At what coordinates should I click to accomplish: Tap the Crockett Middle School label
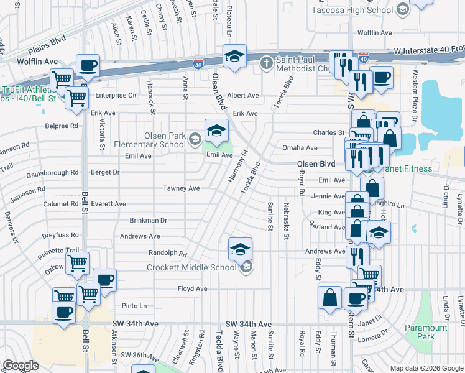point(191,267)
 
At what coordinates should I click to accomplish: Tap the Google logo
point(21,366)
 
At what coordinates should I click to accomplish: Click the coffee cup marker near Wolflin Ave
point(88,66)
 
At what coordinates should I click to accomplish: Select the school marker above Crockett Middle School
point(240,249)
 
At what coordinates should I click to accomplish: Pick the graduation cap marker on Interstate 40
point(235,57)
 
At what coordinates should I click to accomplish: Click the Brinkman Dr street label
point(148,220)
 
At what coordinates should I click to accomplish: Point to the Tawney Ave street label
point(181,188)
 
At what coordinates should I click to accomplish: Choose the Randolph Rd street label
point(167,253)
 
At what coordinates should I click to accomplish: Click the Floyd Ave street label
point(192,289)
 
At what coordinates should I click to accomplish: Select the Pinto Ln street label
point(134,306)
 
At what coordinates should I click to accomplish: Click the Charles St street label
point(328,132)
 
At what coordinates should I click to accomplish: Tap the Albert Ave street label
point(242,95)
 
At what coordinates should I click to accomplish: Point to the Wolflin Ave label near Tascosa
point(374,32)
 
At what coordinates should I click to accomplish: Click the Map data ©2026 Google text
point(426,368)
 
